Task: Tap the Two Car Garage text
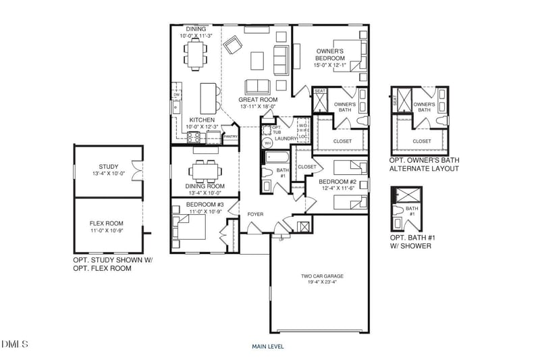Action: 322,276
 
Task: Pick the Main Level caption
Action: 268,346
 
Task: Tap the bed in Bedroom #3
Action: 191,228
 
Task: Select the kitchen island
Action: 209,99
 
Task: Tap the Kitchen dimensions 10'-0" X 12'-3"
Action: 202,126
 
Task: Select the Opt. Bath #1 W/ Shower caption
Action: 410,242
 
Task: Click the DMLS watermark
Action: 15,345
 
